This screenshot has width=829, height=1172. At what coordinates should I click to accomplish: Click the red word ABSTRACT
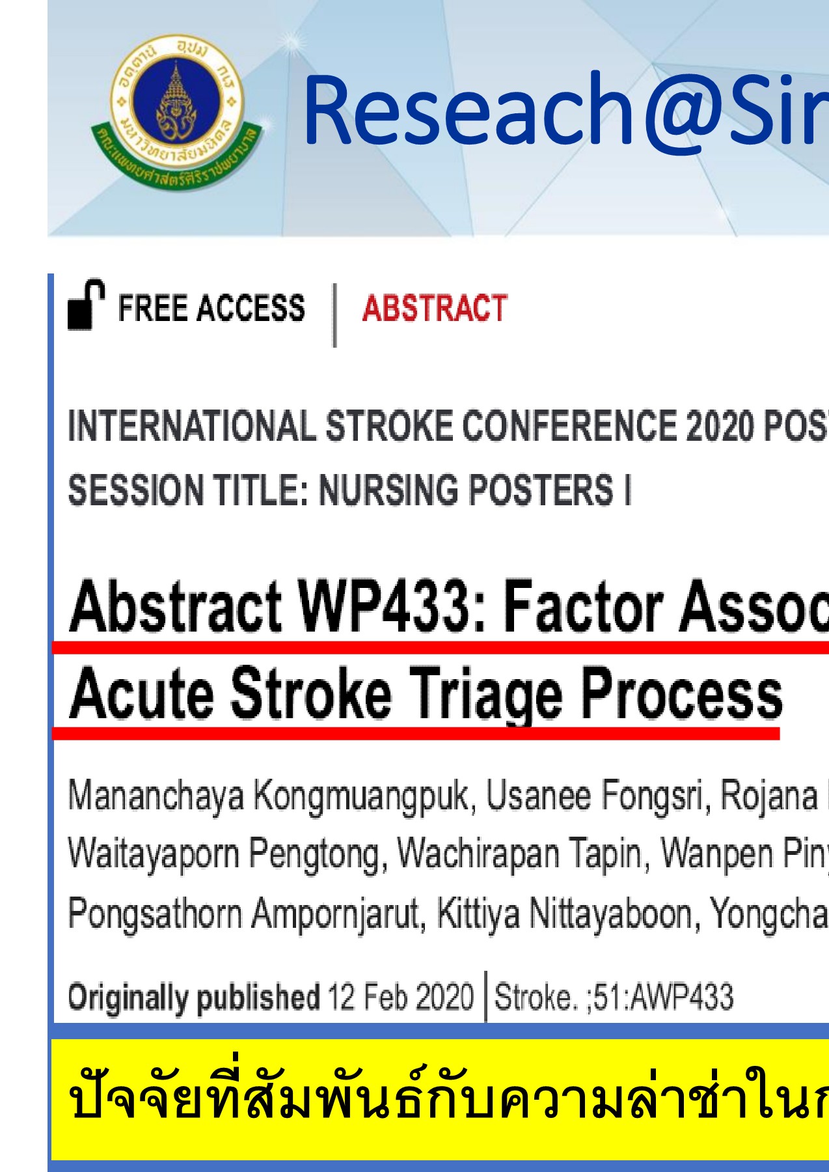[434, 309]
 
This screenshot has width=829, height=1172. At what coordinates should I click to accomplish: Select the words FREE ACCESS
[211, 309]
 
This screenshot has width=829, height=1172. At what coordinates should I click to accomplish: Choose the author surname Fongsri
[657, 796]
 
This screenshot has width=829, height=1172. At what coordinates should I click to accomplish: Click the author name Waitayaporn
[154, 854]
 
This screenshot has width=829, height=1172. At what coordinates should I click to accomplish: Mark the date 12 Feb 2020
[400, 997]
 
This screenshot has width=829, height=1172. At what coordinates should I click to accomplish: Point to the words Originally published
[194, 997]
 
